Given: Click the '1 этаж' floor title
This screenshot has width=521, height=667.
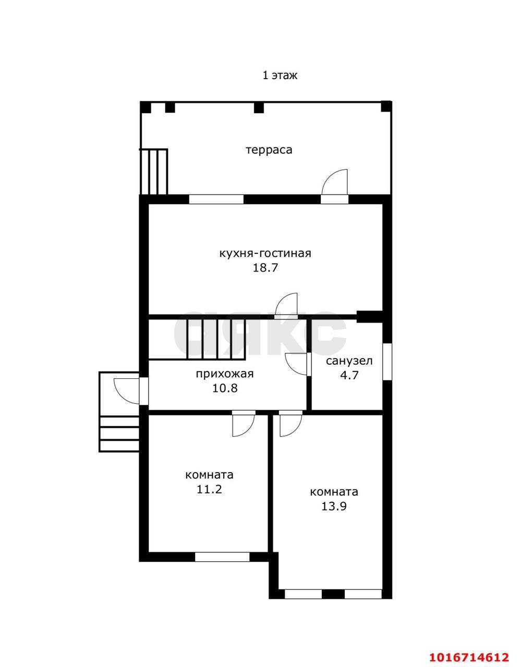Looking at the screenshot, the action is pos(280,75).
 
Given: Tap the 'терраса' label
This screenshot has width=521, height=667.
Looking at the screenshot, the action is pos(269,150).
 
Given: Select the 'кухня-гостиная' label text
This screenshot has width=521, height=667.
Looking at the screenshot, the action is pos(265,254).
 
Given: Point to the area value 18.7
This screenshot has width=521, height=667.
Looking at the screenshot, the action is pos(265,268).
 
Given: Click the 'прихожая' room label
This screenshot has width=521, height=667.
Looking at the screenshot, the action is pos(225,374).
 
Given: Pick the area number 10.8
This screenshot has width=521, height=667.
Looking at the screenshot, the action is pos(225,389).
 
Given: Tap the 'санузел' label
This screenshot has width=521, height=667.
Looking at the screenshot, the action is pos(349,361).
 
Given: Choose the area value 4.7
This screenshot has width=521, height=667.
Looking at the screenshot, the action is pos(349,375).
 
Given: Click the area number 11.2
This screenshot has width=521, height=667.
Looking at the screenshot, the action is pos(209,489).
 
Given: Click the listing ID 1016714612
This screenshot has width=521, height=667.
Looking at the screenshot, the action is pos(469,654).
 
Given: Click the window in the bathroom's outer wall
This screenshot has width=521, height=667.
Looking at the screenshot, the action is pos(387,362).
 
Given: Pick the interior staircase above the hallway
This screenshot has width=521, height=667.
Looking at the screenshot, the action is pos(197,339).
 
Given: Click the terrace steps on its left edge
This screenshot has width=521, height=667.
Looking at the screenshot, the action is pos(154,171).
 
